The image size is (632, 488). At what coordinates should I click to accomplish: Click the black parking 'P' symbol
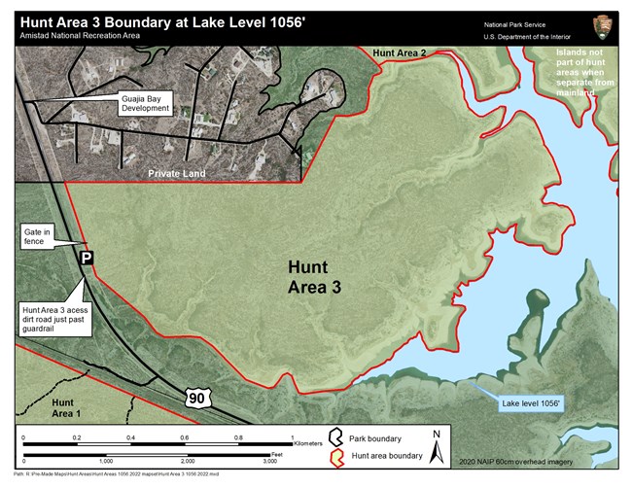[86, 258]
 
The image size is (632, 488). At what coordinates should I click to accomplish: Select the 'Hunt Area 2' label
[401, 51]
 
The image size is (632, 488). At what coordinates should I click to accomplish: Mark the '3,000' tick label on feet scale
[270, 462]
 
